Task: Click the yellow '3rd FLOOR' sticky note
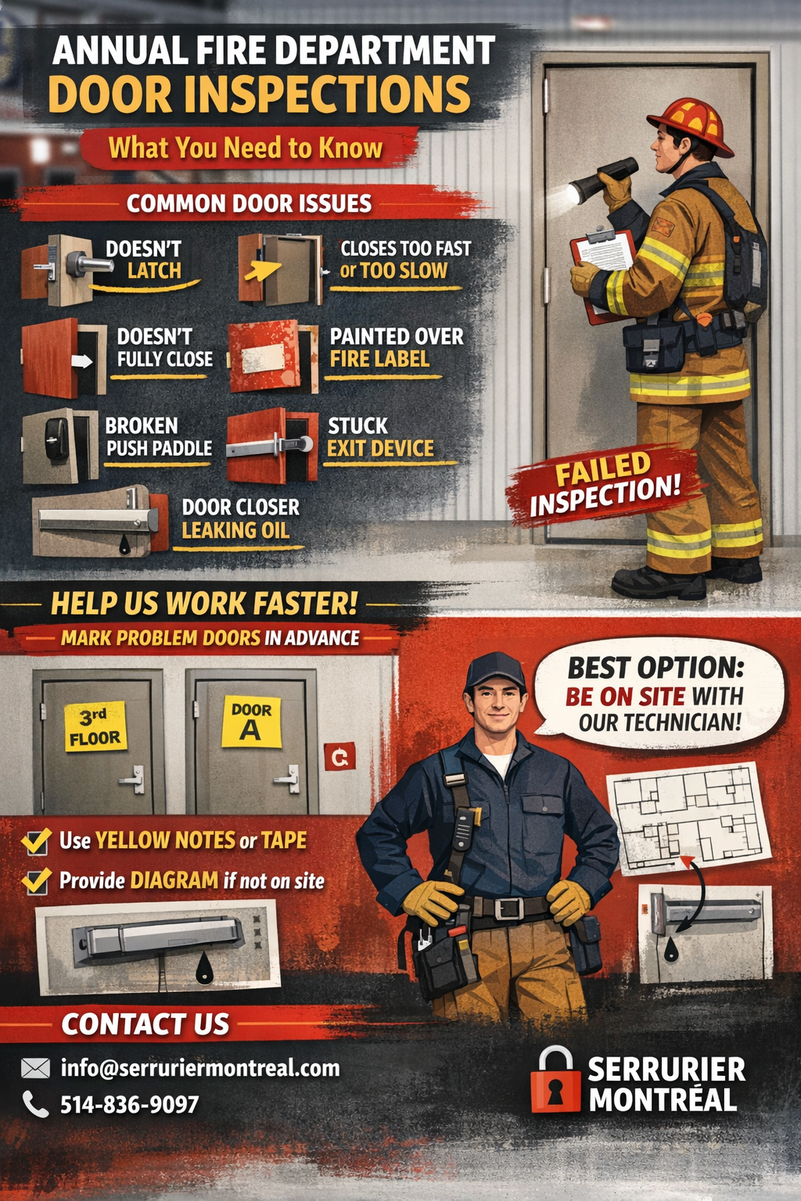tap(95, 726)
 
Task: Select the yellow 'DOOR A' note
tap(252, 722)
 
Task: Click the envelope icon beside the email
tap(35, 1068)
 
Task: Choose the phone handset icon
tap(35, 1105)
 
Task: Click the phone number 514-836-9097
tap(129, 1105)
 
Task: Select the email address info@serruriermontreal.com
tap(200, 1068)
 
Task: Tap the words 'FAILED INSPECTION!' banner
tap(605, 485)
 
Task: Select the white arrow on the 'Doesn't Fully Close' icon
tap(81, 360)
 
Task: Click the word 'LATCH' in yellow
tap(154, 271)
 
